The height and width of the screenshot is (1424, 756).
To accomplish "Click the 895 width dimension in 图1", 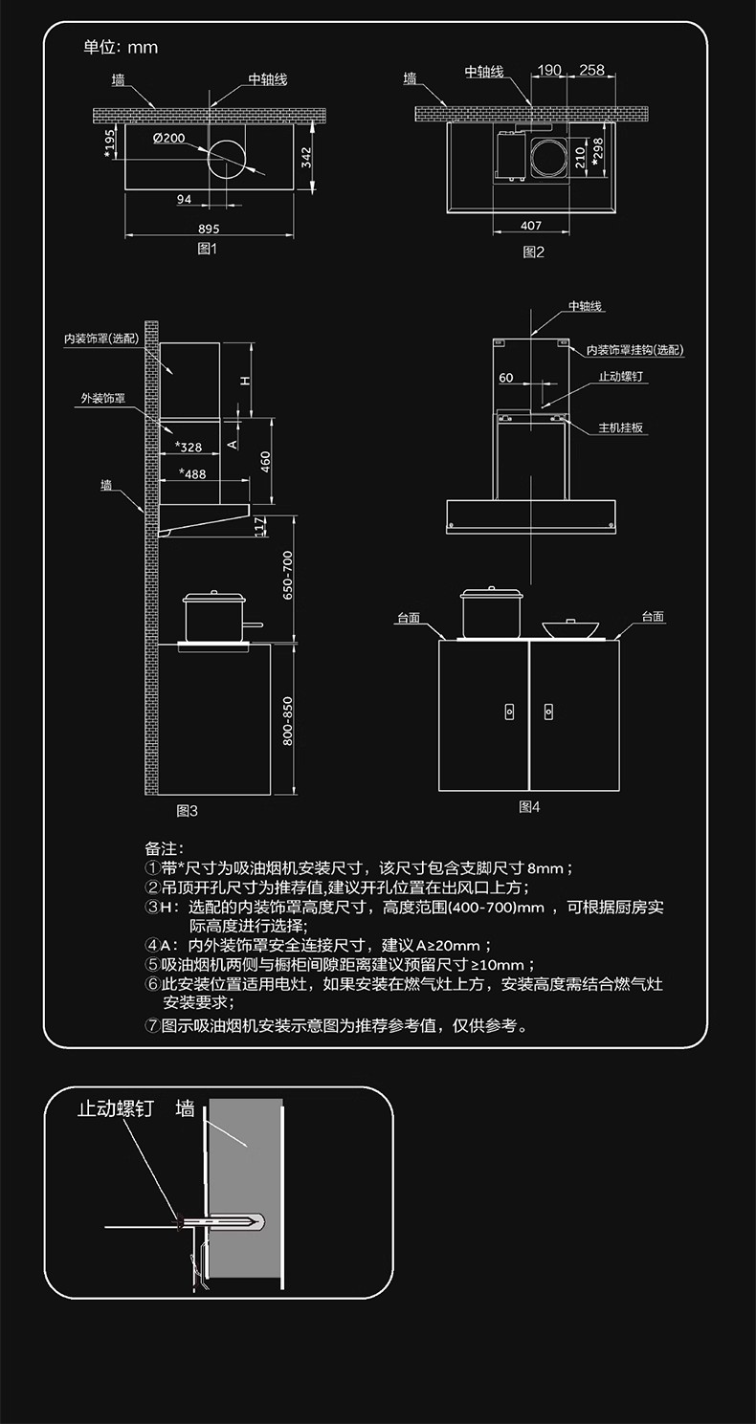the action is [209, 229].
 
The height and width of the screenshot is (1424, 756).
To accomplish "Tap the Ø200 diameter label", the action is [169, 138].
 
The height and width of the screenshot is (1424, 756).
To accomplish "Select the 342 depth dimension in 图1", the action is [307, 158].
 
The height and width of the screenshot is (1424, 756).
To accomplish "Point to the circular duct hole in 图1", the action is [226, 158].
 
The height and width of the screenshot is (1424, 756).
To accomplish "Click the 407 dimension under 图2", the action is [531, 226].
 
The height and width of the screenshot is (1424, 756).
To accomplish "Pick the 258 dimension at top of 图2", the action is [591, 70].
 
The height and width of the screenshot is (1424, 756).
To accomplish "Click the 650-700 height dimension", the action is [288, 576].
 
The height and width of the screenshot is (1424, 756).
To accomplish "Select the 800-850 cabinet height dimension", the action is [288, 721].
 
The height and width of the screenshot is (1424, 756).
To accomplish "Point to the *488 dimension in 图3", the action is [192, 473].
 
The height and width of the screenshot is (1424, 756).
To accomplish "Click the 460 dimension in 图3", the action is [266, 462].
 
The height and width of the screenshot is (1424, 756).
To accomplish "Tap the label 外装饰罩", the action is [103, 399].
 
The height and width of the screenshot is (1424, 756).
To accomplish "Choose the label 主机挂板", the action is [620, 427].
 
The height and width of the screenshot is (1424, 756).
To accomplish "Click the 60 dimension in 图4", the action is [506, 378].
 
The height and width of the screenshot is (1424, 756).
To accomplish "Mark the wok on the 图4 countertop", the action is [570, 626].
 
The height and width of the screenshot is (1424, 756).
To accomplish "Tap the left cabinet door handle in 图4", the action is [509, 712].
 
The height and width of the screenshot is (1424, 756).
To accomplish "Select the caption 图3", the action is [188, 811].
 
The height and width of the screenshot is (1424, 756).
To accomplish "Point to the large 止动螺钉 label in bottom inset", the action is [116, 1109].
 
